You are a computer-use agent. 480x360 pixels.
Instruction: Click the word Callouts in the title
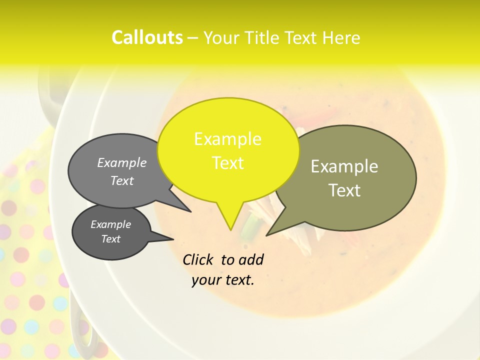pyautogui.click(x=147, y=37)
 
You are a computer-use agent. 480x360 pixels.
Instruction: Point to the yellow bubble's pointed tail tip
pyautogui.click(x=230, y=229)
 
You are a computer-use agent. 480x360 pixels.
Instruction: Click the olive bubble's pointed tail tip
pyautogui.click(x=267, y=234)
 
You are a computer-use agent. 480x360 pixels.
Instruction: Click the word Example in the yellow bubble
pyautogui.click(x=227, y=139)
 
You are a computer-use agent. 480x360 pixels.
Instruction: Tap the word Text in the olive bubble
pyautogui.click(x=344, y=190)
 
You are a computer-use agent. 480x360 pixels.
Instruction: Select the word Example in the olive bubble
pyautogui.click(x=344, y=166)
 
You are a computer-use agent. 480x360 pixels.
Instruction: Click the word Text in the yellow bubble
pyautogui.click(x=228, y=163)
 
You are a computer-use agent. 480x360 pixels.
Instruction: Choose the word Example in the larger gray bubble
pyautogui.click(x=122, y=162)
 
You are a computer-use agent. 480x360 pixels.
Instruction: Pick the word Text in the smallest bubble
pyautogui.click(x=111, y=239)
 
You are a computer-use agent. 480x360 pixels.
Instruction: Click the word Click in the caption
pyautogui.click(x=198, y=259)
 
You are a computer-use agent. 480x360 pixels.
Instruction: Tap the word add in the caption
pyautogui.click(x=251, y=259)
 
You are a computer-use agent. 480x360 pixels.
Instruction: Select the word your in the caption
pyautogui.click(x=206, y=280)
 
